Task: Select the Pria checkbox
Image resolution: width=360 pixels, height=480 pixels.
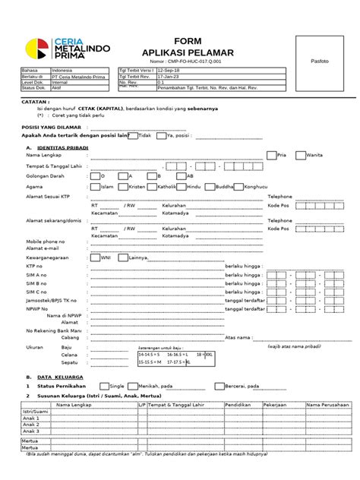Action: pos(271,154)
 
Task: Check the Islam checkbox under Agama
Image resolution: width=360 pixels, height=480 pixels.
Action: pos(95,185)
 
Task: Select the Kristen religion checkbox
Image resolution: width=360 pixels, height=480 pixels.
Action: pos(124,185)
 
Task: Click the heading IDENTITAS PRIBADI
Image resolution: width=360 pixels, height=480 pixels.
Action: pos(62,146)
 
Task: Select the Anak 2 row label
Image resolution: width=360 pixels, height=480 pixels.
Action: pos(31,424)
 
